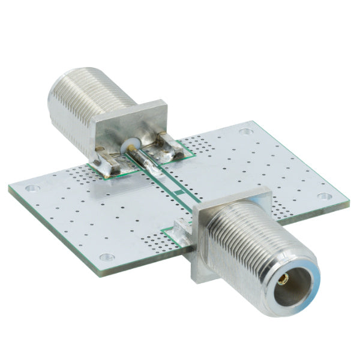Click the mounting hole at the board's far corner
coord(245,132)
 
